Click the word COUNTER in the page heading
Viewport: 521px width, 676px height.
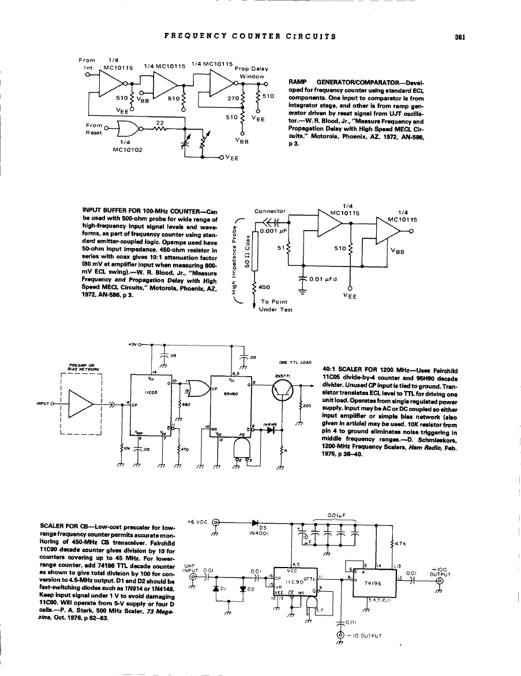point(254,36)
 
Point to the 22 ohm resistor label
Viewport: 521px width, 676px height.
point(160,122)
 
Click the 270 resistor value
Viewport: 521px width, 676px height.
point(233,97)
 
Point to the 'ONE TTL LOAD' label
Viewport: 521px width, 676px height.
point(295,363)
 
